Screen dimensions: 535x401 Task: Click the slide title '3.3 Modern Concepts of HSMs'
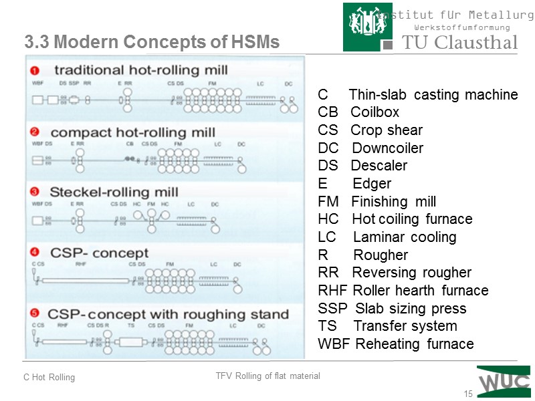152,43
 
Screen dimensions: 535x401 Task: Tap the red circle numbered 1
35,70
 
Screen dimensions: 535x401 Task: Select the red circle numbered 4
35,253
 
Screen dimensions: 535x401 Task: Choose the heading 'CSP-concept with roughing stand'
169,313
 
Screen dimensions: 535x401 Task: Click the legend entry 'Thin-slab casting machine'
433,94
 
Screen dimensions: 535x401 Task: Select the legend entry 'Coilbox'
374,112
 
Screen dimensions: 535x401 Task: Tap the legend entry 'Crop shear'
387,130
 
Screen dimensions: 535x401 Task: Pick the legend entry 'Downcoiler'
387,148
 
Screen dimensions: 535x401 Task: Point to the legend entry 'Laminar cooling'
404,237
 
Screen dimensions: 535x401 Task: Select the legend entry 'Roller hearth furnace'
419,291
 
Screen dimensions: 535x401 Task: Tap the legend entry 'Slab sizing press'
411,309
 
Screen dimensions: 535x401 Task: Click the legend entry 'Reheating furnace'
414,344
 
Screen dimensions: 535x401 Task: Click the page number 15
468,394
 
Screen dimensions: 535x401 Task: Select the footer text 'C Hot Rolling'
49,378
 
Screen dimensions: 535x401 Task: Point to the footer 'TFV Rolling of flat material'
267,376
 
